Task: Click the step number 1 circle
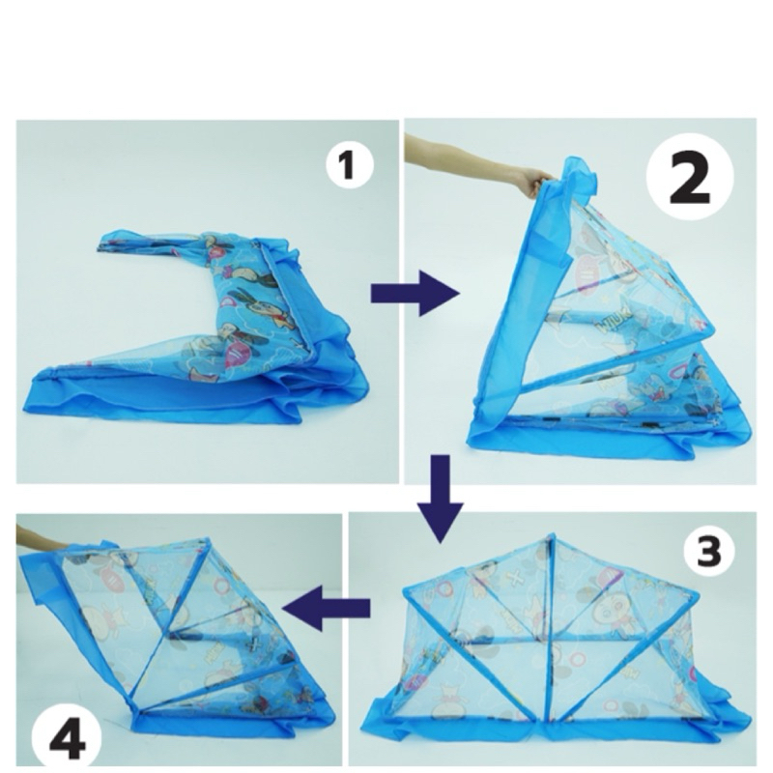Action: click(349, 164)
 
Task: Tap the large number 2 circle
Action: click(690, 177)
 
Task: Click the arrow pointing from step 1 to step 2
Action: click(415, 295)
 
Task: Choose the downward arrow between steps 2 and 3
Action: click(440, 499)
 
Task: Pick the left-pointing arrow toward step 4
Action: click(327, 607)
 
